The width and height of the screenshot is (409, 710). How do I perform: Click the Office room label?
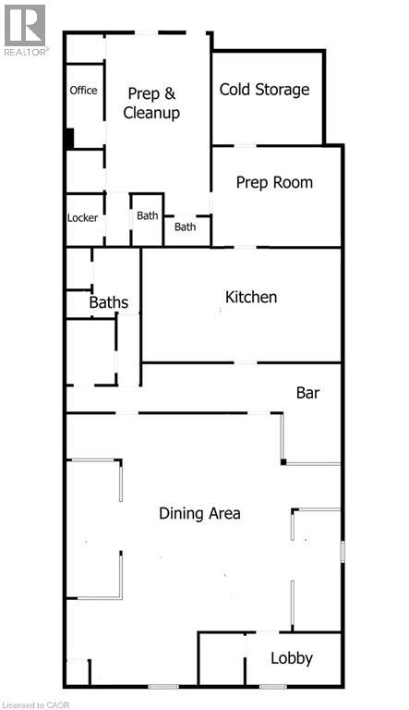pyautogui.click(x=83, y=90)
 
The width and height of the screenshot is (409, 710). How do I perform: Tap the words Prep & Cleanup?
pyautogui.click(x=151, y=104)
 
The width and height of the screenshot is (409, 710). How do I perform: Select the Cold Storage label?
pyautogui.click(x=265, y=89)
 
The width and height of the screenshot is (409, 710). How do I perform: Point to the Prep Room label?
pyautogui.click(x=274, y=182)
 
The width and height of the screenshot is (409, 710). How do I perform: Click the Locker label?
pyautogui.click(x=82, y=218)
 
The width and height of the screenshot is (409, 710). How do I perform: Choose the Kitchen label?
pyautogui.click(x=251, y=297)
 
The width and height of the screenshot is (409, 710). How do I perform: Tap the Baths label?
pyautogui.click(x=109, y=302)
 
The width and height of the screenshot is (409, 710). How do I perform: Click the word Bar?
pyautogui.click(x=307, y=393)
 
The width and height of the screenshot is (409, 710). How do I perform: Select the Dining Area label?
pyautogui.click(x=199, y=513)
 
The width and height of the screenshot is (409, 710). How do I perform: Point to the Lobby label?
pyautogui.click(x=292, y=658)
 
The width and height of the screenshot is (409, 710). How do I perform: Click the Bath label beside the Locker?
pyautogui.click(x=148, y=215)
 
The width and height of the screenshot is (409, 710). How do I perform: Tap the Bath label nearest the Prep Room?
pyautogui.click(x=185, y=226)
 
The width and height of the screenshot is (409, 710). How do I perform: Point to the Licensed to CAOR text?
pyautogui.click(x=35, y=705)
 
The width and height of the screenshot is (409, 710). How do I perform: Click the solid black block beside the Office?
pyautogui.click(x=68, y=139)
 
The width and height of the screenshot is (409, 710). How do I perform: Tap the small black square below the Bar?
pyautogui.click(x=283, y=462)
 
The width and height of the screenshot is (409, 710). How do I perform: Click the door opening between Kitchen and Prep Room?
pyautogui.click(x=245, y=247)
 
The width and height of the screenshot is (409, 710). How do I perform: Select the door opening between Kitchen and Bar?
pyautogui.click(x=245, y=362)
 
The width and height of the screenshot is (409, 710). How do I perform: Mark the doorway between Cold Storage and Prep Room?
pyautogui.click(x=245, y=145)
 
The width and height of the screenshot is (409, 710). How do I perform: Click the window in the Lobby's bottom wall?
pyautogui.click(x=272, y=687)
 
